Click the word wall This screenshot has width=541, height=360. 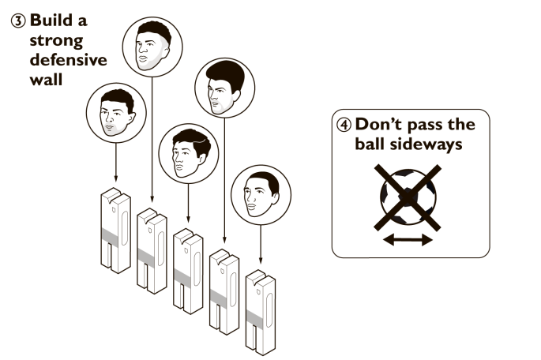[43, 81]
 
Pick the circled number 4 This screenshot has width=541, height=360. [345, 125]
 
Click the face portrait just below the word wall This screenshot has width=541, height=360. [115, 113]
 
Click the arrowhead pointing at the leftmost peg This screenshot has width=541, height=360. [115, 182]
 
